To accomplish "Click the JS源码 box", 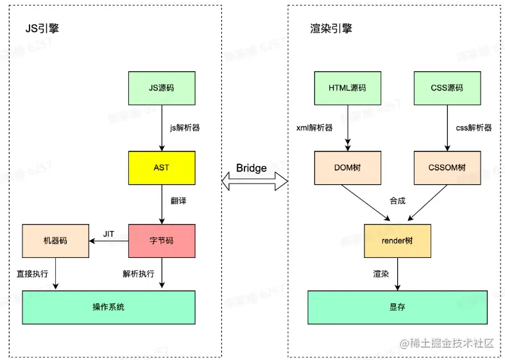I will [161, 89].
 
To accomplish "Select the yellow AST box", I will [161, 167].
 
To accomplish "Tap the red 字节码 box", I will [161, 241].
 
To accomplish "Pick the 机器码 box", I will [55, 241].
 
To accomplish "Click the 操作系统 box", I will [108, 307].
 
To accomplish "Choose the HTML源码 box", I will [347, 89].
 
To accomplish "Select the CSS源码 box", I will [447, 89].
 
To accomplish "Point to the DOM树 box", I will [347, 167].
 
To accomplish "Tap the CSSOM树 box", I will [447, 167].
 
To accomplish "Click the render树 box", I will [397, 241].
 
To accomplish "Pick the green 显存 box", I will [397, 307].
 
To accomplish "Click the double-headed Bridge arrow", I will [254, 182].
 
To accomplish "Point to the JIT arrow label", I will [109, 234].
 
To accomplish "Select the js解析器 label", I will [185, 128].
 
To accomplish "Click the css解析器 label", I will [474, 128].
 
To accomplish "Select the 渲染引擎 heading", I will [331, 30].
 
